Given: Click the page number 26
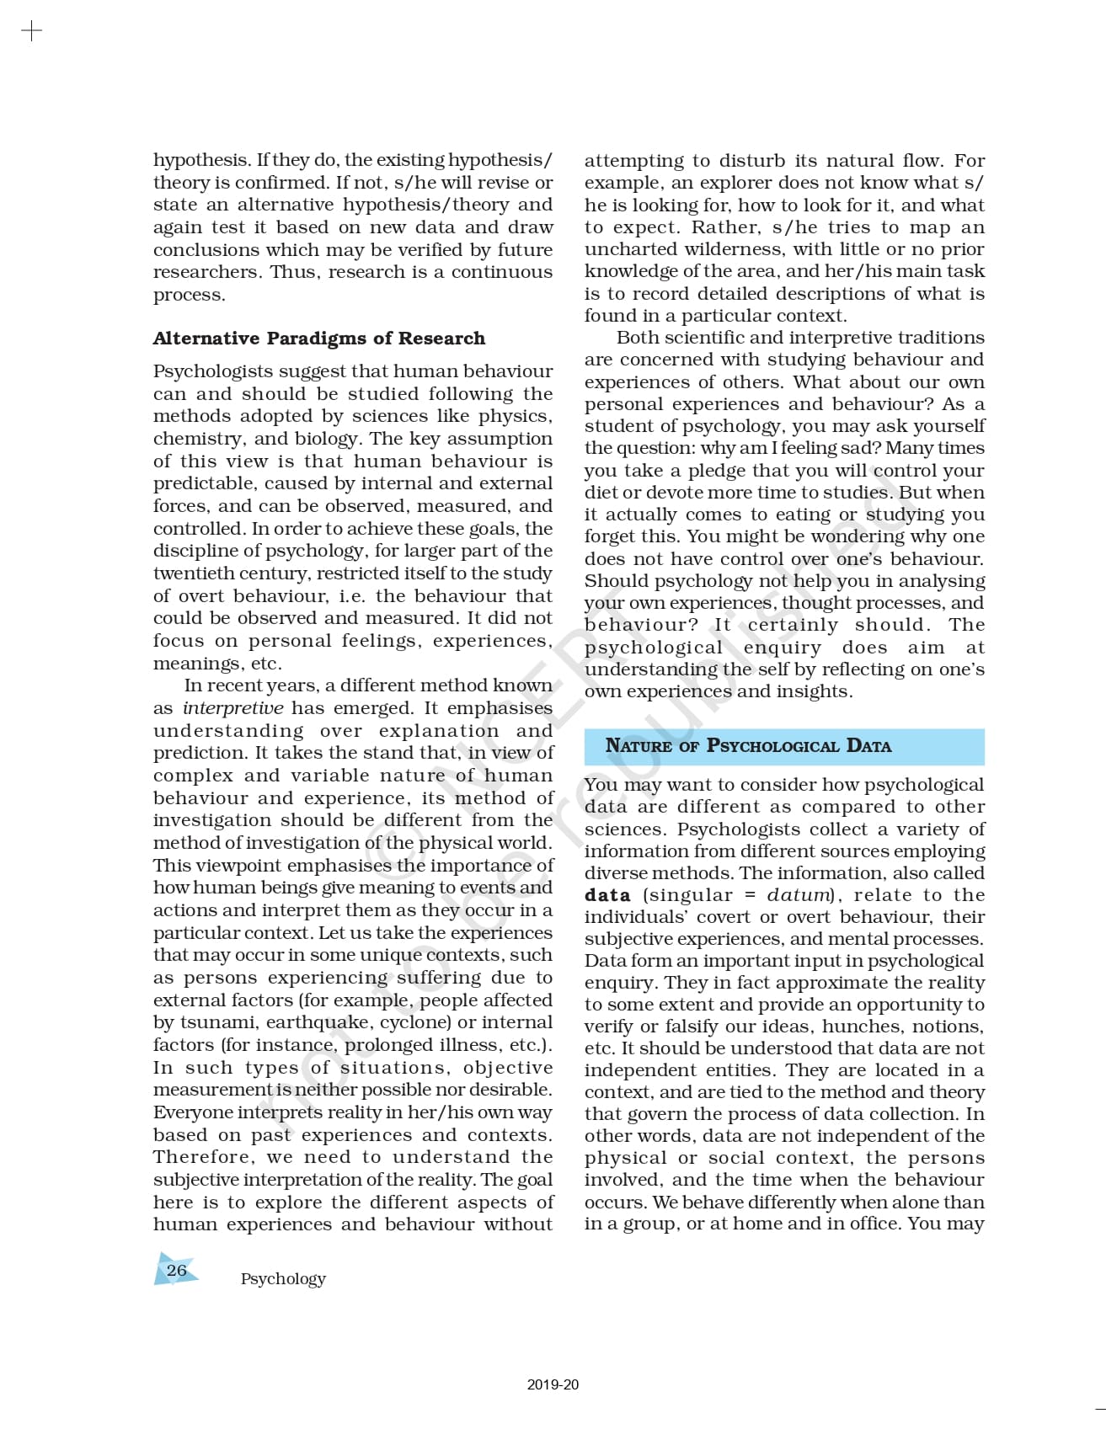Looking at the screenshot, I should [176, 1270].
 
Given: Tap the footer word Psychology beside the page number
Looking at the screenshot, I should [283, 1278].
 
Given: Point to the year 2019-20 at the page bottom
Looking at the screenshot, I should [553, 1384].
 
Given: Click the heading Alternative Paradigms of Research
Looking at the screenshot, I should [319, 339].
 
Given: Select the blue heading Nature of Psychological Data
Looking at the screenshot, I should [748, 746].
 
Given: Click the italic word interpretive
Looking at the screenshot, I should [232, 708].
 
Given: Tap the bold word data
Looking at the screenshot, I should [607, 895].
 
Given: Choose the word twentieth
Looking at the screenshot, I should [190, 573].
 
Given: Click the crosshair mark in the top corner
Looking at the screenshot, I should [31, 32].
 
